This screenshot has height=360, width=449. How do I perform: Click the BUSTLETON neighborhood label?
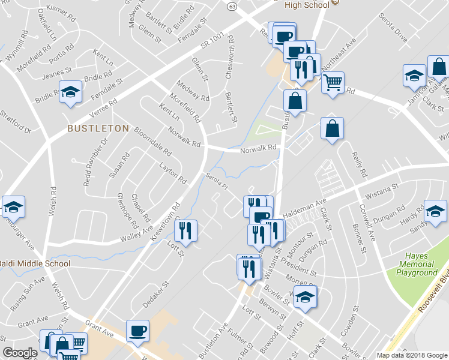click(x=98, y=128)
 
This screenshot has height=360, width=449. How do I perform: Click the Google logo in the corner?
click(x=20, y=353)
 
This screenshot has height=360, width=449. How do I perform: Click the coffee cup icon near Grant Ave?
click(x=137, y=330)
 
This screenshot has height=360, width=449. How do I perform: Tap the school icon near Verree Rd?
click(x=71, y=92)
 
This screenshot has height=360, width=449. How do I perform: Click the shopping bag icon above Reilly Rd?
click(x=332, y=128)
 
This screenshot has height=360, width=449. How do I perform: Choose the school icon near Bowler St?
click(x=306, y=297)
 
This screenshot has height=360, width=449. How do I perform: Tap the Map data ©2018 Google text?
click(x=412, y=355)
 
